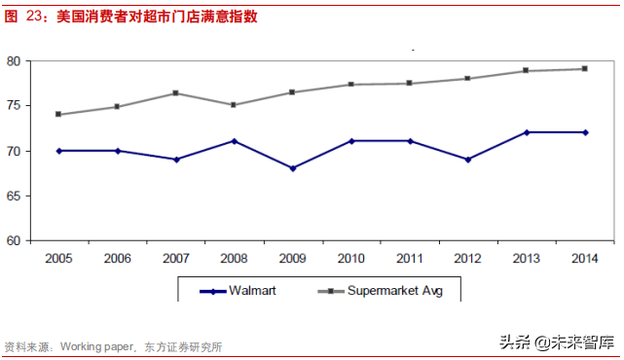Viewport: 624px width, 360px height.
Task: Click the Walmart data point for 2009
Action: pyautogui.click(x=292, y=168)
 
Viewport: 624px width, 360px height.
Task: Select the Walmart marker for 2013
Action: pyautogui.click(x=527, y=132)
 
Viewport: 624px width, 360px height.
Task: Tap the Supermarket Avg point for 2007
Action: pyautogui.click(x=175, y=92)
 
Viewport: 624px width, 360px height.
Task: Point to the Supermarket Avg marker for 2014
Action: pyautogui.click(x=585, y=68)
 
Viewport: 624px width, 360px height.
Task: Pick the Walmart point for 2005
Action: pyautogui.click(x=58, y=151)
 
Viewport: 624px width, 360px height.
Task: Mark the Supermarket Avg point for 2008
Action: pyautogui.click(x=234, y=105)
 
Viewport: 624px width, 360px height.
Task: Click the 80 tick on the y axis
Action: pyautogui.click(x=14, y=60)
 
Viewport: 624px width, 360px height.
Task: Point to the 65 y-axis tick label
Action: pyautogui.click(x=14, y=196)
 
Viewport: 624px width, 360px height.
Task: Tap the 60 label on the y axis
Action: pyautogui.click(x=14, y=240)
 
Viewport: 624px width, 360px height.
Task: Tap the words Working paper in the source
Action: pyautogui.click(x=96, y=346)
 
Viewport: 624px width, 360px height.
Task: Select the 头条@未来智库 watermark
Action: pyautogui.click(x=558, y=342)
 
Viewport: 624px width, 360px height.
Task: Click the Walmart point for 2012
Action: pyautogui.click(x=468, y=160)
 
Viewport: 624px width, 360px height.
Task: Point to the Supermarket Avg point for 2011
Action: pyautogui.click(x=410, y=83)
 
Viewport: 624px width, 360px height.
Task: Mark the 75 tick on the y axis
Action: pyautogui.click(x=14, y=105)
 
